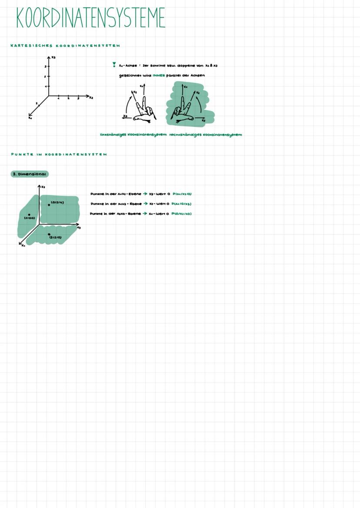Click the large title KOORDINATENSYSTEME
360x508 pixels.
90,18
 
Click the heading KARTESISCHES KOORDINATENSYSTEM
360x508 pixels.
65,46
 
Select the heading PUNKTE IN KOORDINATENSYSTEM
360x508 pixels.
59,154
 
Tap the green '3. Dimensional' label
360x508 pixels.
30,174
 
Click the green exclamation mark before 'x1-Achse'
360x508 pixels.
114,65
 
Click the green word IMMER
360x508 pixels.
159,75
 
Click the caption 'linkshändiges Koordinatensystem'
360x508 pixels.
133,135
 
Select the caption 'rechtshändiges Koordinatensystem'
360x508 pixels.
205,135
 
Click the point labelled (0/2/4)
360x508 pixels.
49,205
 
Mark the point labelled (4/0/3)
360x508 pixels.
29,215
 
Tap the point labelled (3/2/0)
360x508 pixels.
49,234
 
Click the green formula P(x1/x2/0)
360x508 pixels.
182,194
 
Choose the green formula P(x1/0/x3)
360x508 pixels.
181,204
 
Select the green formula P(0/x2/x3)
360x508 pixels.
182,214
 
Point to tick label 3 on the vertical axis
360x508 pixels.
45,66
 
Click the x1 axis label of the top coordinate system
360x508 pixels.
30,118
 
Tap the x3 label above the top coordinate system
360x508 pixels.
53,57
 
